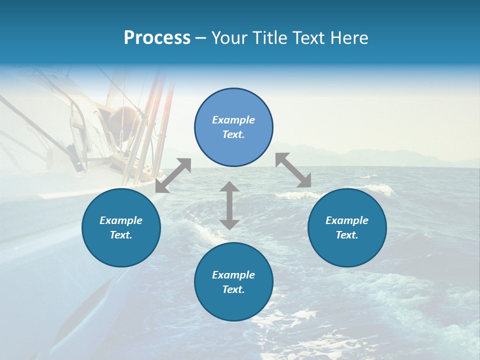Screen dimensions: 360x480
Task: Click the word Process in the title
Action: coord(157,38)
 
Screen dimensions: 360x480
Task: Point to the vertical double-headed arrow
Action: coord(229,205)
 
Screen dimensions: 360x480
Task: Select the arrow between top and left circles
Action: coord(173,175)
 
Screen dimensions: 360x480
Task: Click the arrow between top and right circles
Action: coord(293,170)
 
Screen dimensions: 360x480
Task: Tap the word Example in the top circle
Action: coord(233,120)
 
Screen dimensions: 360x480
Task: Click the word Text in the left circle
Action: coord(121,235)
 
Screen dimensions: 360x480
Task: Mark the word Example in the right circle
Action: coord(347,220)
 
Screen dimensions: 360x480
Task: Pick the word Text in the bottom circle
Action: coord(233,289)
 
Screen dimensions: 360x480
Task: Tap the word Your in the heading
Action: coord(229,38)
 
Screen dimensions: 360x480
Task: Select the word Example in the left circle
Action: coord(121,220)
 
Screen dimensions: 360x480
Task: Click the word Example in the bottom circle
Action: coord(233,275)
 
